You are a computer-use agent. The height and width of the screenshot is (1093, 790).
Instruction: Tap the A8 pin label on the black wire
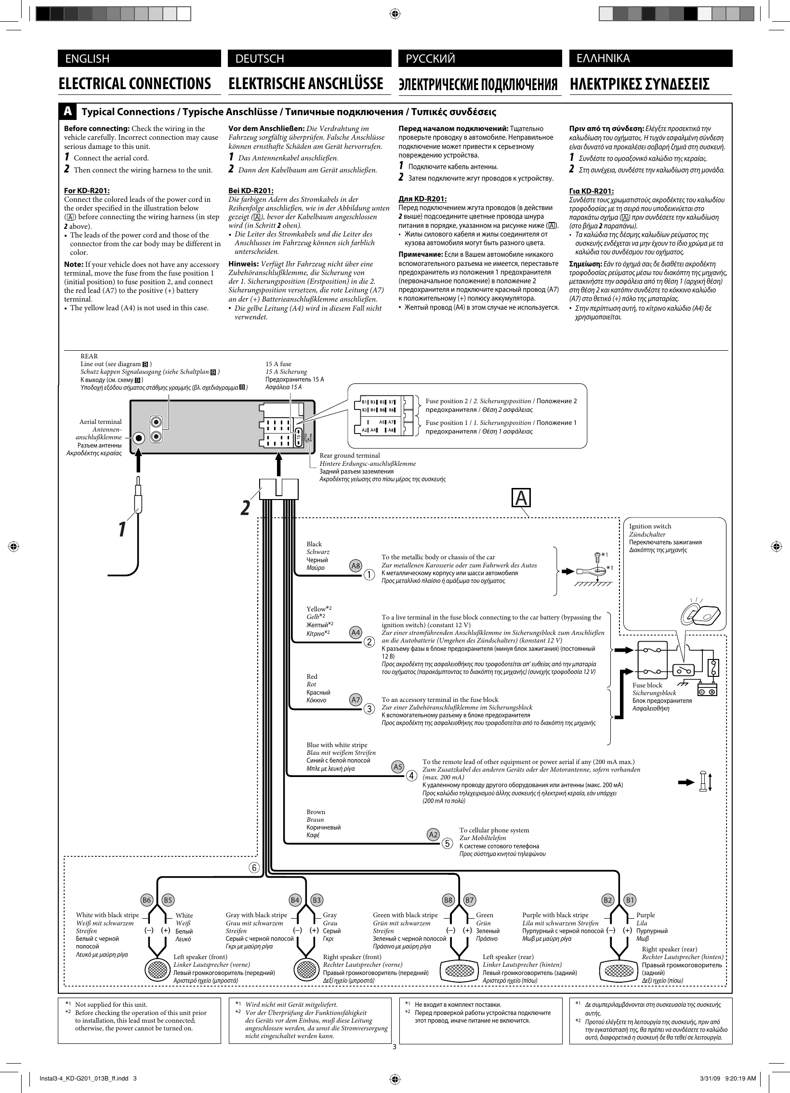(355, 566)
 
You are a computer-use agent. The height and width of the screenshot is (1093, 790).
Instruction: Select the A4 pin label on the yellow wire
(355, 632)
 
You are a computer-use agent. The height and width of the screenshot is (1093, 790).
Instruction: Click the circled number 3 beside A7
(369, 709)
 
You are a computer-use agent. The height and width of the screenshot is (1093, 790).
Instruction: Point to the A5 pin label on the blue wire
(398, 767)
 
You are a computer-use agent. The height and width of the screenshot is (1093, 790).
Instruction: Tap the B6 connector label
(147, 900)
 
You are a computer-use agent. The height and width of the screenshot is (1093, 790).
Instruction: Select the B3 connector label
(316, 900)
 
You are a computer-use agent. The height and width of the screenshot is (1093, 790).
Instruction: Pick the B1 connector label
(630, 900)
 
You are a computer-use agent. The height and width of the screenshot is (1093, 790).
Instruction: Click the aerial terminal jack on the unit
(139, 438)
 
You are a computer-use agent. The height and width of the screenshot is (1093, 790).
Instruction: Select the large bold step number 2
(246, 507)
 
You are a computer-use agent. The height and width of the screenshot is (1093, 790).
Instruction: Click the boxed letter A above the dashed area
(521, 498)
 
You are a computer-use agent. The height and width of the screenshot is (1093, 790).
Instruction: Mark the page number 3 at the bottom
(394, 1047)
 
